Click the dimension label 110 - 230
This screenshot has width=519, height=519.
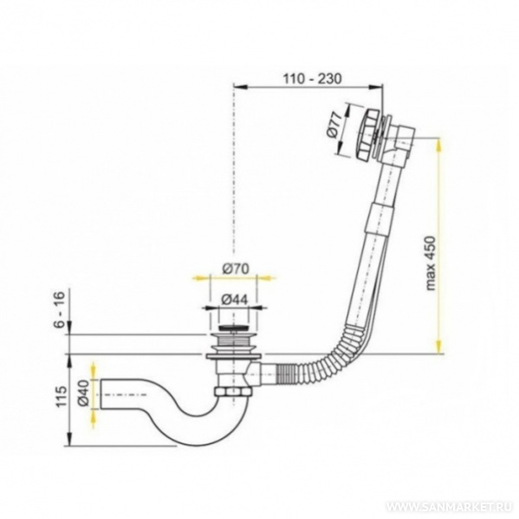coord(311,79)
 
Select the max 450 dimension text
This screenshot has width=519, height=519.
coord(431,263)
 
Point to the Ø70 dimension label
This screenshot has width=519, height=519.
coord(235,269)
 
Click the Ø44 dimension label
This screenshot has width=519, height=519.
coord(234,300)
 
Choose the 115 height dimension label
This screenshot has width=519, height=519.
coord(61,397)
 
